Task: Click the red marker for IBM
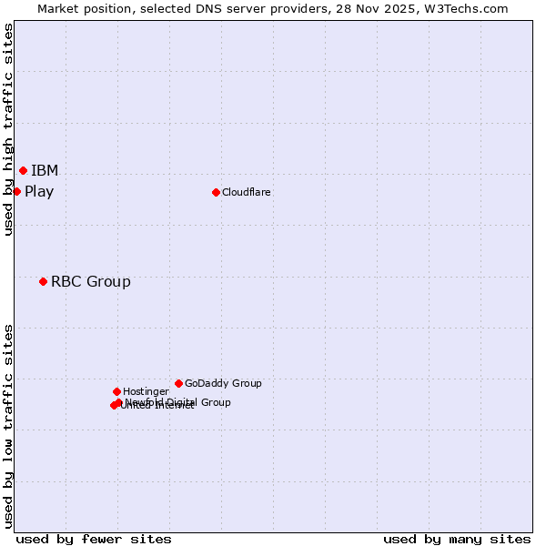(23, 170)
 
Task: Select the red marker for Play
(16, 191)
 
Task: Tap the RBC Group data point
(43, 281)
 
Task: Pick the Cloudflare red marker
(216, 192)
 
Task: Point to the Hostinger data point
(116, 391)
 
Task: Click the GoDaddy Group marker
(178, 383)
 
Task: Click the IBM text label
(45, 171)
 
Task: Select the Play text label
(39, 192)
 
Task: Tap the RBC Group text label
(91, 282)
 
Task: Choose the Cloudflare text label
(247, 192)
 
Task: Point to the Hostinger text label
(147, 392)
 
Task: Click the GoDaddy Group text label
(223, 384)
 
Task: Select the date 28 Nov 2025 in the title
(366, 9)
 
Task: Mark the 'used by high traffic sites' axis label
(9, 129)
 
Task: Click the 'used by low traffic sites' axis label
(9, 426)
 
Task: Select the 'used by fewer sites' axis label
(94, 540)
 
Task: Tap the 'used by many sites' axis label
(457, 540)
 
